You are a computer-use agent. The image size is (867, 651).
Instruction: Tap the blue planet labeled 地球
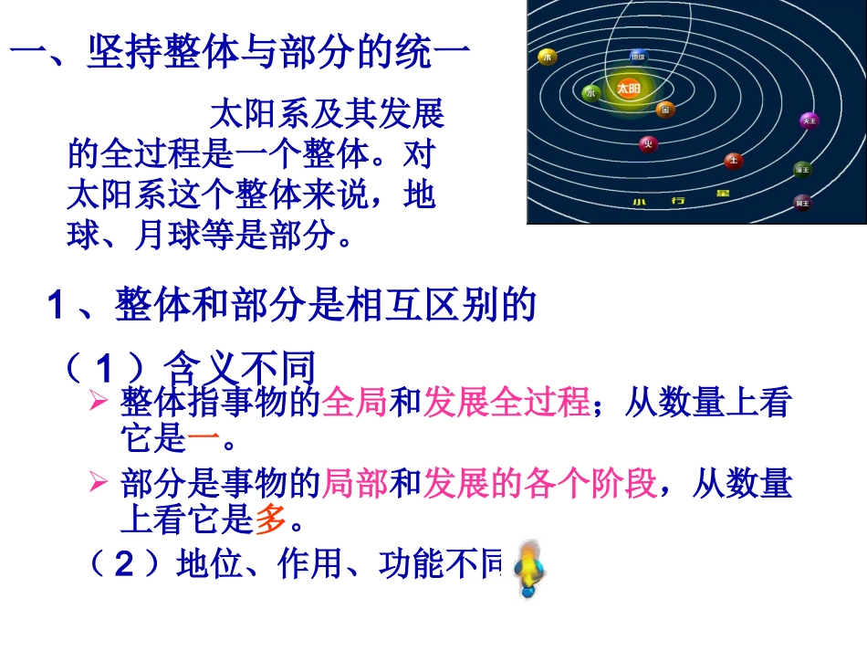point(639,57)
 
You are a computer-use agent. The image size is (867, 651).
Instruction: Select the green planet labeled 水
point(590,92)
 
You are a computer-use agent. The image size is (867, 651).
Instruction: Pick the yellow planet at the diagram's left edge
point(548,57)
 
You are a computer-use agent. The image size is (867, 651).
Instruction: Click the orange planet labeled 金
point(665,110)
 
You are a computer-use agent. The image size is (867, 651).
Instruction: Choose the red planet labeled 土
point(732,161)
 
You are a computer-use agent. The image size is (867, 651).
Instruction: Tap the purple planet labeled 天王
point(808,121)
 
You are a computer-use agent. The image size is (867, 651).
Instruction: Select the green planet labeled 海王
point(802,169)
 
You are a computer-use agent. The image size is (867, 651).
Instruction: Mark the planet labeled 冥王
point(802,202)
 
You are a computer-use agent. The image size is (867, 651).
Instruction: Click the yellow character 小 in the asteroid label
point(640,201)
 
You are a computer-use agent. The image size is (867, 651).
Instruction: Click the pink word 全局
point(355,403)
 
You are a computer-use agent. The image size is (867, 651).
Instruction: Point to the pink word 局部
point(355,484)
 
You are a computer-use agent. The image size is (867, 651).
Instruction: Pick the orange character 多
point(270,520)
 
